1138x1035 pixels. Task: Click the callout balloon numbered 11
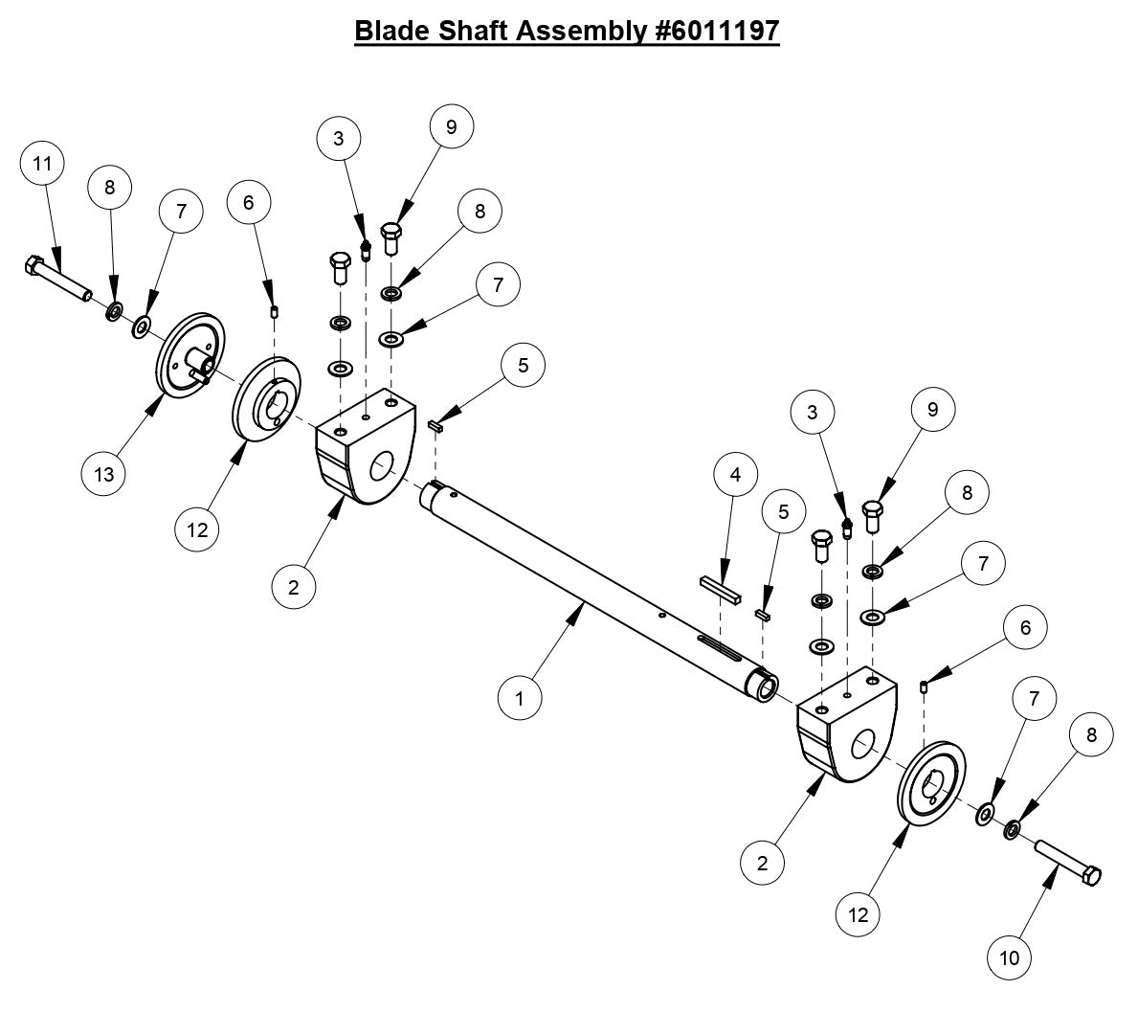click(x=42, y=164)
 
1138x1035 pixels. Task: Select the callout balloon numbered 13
click(x=103, y=474)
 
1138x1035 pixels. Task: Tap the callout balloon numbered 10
click(x=1011, y=956)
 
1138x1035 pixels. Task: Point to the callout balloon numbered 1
click(x=520, y=698)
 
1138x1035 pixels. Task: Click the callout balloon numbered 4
click(x=735, y=474)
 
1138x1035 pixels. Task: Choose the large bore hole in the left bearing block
click(x=380, y=467)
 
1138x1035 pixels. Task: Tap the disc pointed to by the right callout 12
click(x=930, y=782)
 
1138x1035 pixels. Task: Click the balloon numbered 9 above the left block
click(x=452, y=125)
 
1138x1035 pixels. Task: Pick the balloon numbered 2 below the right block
click(x=762, y=863)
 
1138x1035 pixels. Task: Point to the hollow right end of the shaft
click(x=765, y=687)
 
